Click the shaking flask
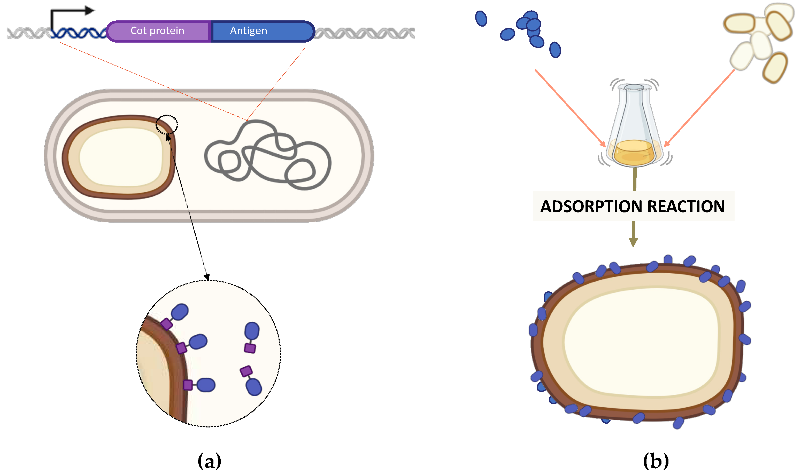(634, 125)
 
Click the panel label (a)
(209, 461)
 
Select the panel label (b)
(656, 461)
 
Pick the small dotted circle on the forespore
(167, 124)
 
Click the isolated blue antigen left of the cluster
(481, 18)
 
